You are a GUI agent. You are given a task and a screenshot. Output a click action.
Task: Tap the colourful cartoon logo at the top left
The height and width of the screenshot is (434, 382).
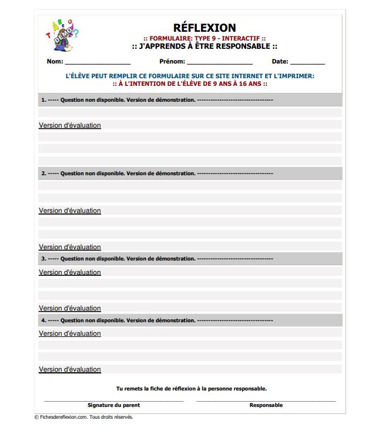point(62,36)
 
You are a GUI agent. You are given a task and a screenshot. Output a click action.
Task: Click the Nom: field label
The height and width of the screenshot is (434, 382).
point(55,61)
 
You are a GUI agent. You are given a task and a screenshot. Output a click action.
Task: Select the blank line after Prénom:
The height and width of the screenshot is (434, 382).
point(220,63)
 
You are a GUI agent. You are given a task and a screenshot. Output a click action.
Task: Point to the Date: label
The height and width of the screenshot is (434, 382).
point(280,61)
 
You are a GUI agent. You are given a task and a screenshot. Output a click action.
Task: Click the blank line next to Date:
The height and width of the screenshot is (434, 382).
point(307,63)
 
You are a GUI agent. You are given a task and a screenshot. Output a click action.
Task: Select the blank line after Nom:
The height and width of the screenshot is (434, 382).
point(98,63)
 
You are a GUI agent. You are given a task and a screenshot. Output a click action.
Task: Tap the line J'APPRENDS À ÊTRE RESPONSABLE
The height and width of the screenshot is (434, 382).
point(205,46)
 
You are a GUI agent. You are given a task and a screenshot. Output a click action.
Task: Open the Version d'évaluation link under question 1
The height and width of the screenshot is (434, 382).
point(70,125)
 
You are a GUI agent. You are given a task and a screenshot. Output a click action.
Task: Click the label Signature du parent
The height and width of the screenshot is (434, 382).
point(113,405)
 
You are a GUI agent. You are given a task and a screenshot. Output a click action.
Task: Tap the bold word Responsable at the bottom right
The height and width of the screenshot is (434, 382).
point(266,405)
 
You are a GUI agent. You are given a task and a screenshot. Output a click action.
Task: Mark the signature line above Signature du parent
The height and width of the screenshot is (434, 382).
point(113,400)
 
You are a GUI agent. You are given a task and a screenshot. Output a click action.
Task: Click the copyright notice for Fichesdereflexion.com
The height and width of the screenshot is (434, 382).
point(83,417)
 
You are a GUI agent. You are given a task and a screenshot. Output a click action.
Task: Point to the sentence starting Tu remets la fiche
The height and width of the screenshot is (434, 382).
point(191,388)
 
